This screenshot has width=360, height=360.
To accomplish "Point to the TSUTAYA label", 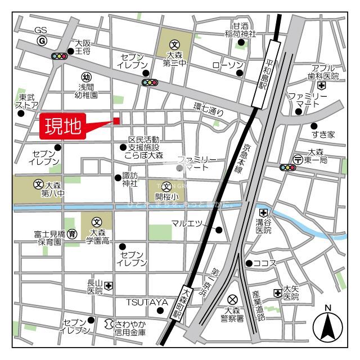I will (x=147, y=302).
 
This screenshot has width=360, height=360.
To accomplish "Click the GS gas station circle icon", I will (x=42, y=41).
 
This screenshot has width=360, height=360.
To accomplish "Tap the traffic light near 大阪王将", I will (x=58, y=56).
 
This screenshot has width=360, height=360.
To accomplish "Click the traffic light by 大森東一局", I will (x=287, y=167).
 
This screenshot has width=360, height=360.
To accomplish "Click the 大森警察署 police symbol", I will (x=233, y=299).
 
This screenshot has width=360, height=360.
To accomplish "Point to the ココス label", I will (x=265, y=263).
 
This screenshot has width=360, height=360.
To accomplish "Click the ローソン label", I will (x=227, y=65).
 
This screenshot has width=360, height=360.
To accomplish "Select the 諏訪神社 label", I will (x=130, y=179).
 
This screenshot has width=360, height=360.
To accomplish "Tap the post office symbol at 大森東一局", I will (x=298, y=159).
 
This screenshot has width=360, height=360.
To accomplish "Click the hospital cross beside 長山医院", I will (x=108, y=286).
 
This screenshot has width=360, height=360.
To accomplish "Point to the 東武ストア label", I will (x=26, y=101).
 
